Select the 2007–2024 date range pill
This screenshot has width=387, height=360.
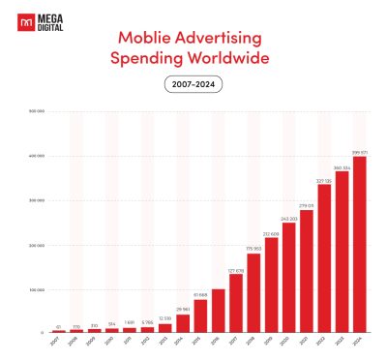[193, 86]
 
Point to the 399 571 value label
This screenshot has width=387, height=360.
[360, 152]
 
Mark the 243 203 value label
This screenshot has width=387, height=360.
[288, 219]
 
